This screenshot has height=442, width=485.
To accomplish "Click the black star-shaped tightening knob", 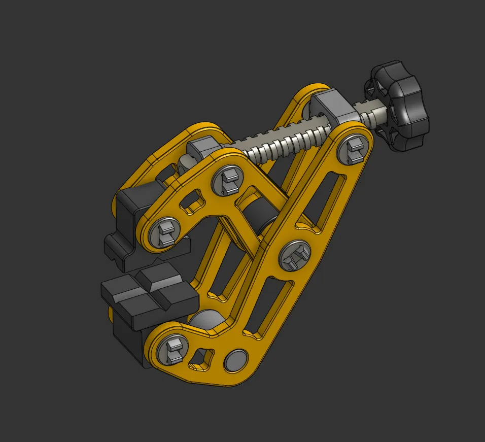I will click(401, 108).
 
